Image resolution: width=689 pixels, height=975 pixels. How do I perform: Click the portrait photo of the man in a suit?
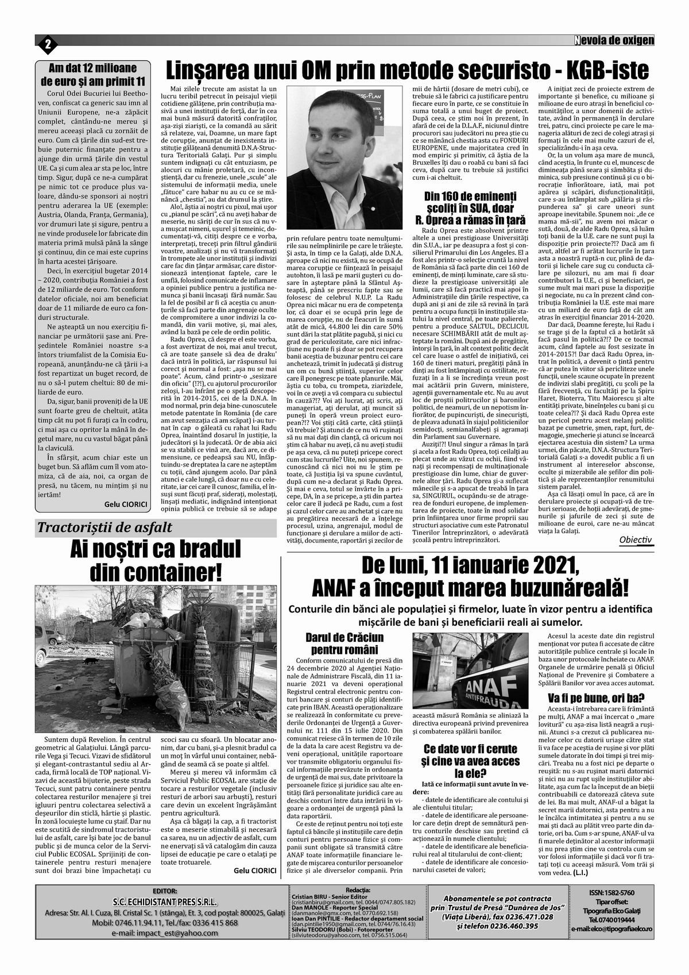pos(343,157)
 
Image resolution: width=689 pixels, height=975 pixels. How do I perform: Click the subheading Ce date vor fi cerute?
pos(470,749)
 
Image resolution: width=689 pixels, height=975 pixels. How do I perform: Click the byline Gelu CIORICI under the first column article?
pos(126,503)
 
